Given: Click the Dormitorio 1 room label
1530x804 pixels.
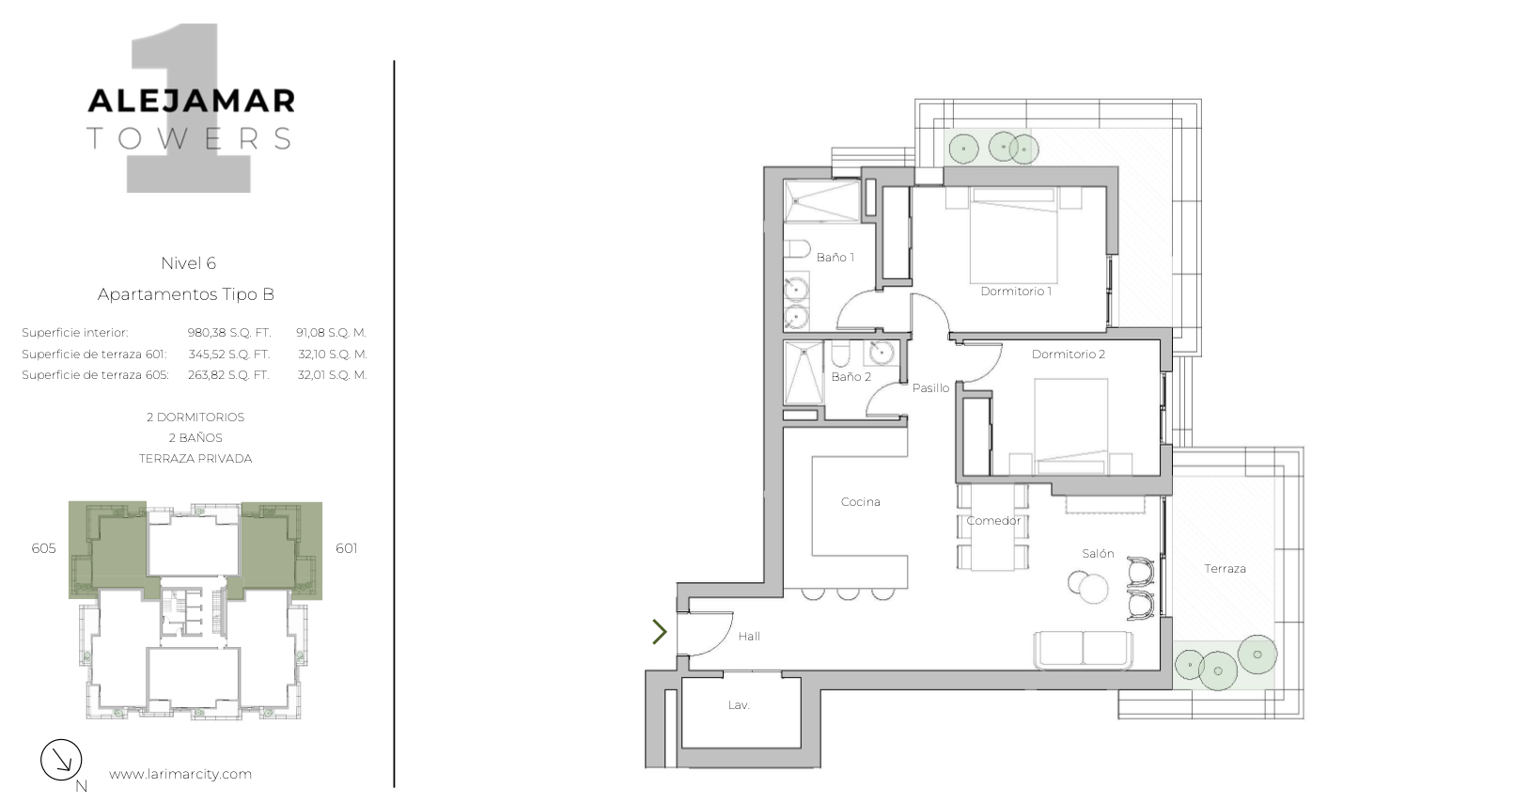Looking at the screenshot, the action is point(1016,292).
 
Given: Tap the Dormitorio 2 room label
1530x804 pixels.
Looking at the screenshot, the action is point(1069,355).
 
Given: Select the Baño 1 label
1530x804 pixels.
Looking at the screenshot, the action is point(835,257).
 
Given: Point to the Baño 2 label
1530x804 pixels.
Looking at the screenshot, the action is point(851,377).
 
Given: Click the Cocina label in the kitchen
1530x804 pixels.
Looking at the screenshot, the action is point(860,502).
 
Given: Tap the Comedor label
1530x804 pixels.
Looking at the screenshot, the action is point(993,521).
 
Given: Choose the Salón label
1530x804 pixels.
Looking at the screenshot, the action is point(1098,554).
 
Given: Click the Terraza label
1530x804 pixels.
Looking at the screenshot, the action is point(1225,569).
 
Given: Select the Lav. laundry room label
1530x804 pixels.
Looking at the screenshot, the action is point(739,705).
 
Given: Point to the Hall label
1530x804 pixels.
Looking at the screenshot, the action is point(749,637).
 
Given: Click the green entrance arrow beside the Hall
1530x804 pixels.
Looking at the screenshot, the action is point(659,632).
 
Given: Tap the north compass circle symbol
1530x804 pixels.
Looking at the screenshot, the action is point(61,760).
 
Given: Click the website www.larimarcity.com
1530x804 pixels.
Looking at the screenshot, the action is point(180,774).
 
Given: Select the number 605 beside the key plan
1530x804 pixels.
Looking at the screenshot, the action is point(44,548).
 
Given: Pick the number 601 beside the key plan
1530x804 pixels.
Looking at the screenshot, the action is point(346,548).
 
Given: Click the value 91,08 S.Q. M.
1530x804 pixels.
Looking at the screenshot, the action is point(331,333).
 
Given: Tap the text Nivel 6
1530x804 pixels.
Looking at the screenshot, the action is point(189,263).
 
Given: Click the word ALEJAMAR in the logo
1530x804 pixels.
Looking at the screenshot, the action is point(192,101).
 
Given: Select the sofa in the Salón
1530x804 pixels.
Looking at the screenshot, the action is point(1083,650).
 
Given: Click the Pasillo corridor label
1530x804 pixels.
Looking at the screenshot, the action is point(930,388).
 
